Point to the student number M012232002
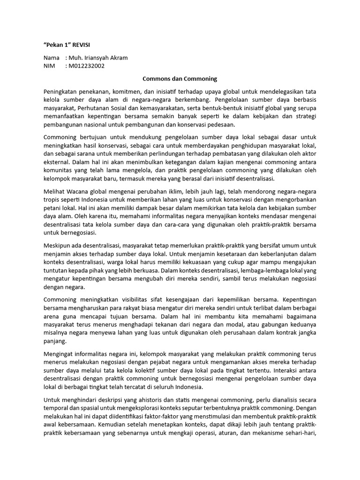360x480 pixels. tap(86, 66)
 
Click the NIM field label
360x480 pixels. tap(50, 66)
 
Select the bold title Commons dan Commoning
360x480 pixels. tap(180, 79)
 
